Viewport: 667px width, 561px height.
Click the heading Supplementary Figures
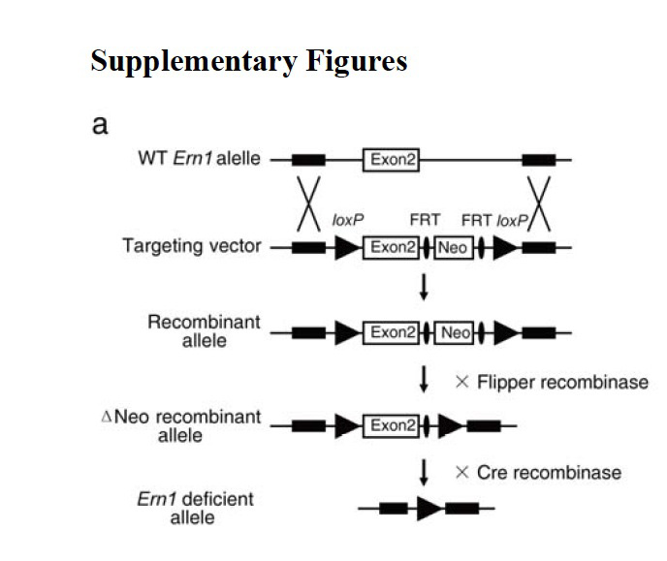(x=248, y=60)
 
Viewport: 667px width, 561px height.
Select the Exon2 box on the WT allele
(x=391, y=158)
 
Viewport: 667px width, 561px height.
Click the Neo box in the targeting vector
(x=452, y=248)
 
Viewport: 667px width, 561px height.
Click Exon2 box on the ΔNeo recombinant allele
(x=391, y=424)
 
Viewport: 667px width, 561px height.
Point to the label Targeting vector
(x=191, y=246)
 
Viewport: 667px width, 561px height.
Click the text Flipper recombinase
(x=551, y=382)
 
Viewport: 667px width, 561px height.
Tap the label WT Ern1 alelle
(x=200, y=158)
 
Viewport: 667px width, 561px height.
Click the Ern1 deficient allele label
(x=195, y=509)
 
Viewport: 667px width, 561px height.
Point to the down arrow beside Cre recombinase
(x=424, y=473)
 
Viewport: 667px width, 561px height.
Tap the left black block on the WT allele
(x=309, y=158)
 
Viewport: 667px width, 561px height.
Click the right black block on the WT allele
(x=538, y=158)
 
